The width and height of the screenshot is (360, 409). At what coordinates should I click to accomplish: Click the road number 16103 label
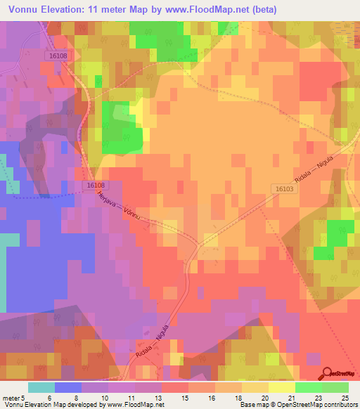(283, 189)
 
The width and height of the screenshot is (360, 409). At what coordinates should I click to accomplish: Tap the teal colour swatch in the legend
(41, 387)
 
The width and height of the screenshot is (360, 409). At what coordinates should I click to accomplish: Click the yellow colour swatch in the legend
(281, 387)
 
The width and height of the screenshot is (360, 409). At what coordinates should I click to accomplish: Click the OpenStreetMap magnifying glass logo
(327, 374)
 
